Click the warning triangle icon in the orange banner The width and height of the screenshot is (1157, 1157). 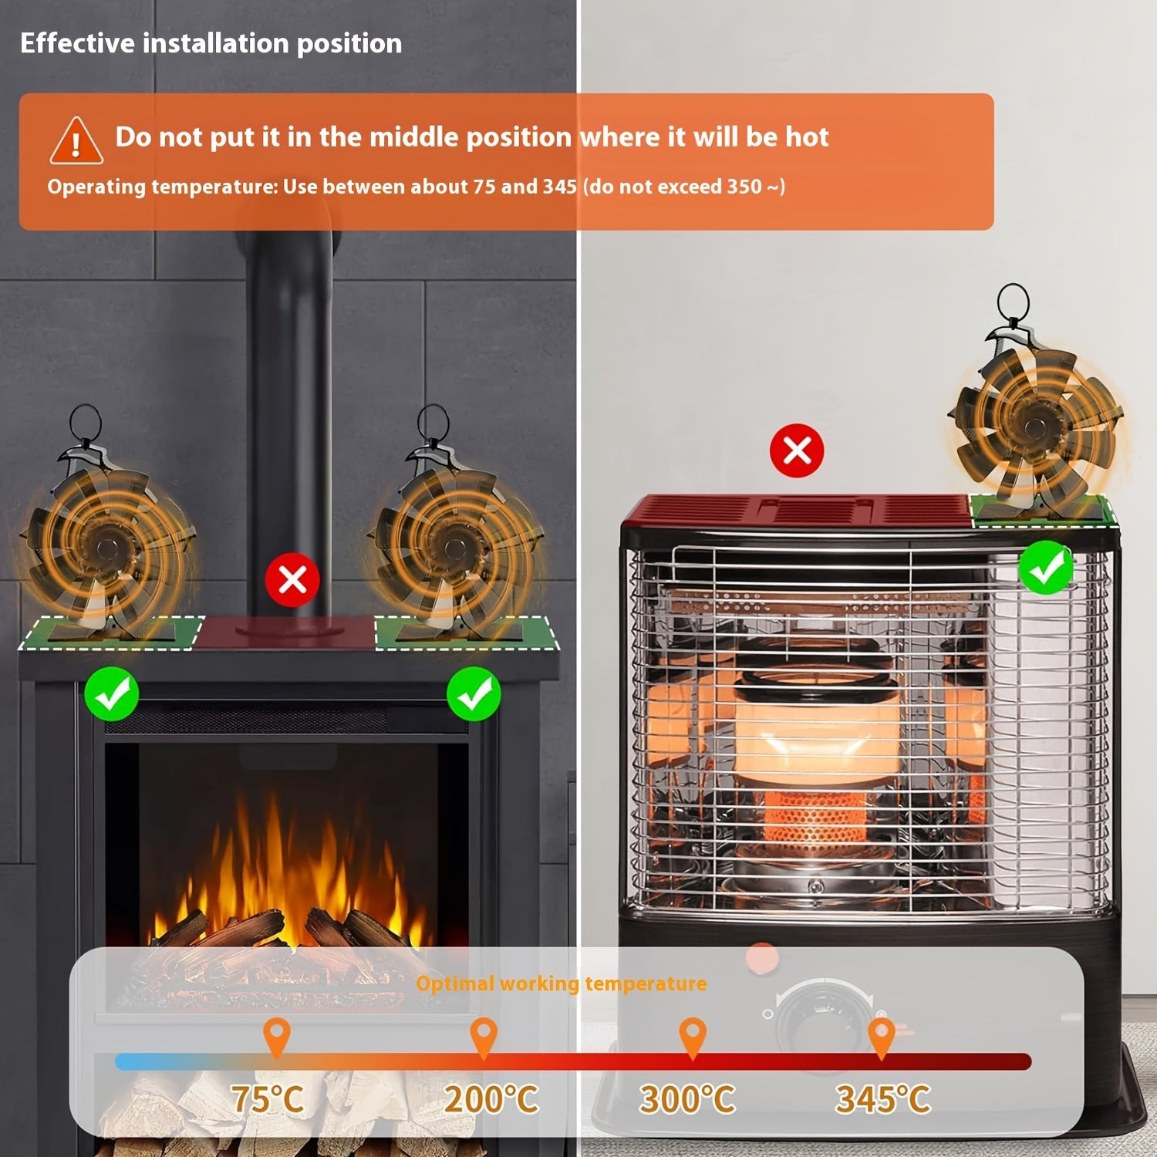point(76,141)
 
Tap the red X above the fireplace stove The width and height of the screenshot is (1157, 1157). point(292,579)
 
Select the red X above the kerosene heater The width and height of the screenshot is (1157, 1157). point(797,450)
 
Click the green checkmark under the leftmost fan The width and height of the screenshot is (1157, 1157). point(112,694)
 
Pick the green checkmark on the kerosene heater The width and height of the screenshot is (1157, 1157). point(1046,568)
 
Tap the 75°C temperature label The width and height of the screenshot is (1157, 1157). point(268,1099)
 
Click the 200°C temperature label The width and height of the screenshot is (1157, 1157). point(491,1099)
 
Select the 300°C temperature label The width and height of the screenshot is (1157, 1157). point(688,1099)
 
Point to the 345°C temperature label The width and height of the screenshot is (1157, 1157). point(884,1099)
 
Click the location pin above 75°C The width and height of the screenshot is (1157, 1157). point(277,1036)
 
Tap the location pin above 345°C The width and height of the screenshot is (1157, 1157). point(882,1036)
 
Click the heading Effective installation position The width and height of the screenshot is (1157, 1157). point(211,43)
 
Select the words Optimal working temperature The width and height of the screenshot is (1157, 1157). point(561,983)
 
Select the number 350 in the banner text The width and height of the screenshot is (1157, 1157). point(743,187)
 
